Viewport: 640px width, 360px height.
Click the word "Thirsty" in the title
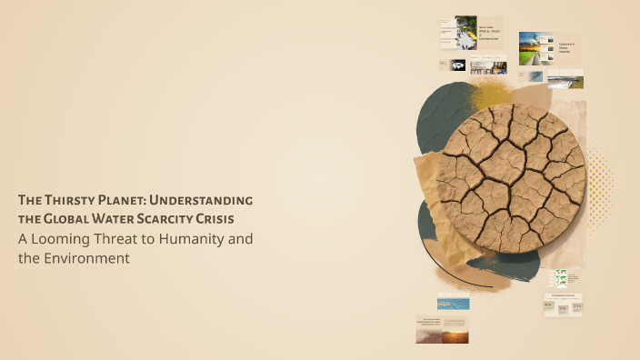coord(75,200)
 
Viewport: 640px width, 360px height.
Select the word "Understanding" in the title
coord(208,200)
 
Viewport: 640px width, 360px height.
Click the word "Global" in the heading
coord(74,219)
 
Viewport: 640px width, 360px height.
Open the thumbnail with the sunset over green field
coord(535,48)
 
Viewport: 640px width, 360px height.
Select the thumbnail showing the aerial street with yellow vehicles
coord(465,32)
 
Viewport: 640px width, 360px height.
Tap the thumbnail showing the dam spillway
coord(565,80)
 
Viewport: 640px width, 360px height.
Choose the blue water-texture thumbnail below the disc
coord(453,303)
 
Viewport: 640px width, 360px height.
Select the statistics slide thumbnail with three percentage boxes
coord(564,305)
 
